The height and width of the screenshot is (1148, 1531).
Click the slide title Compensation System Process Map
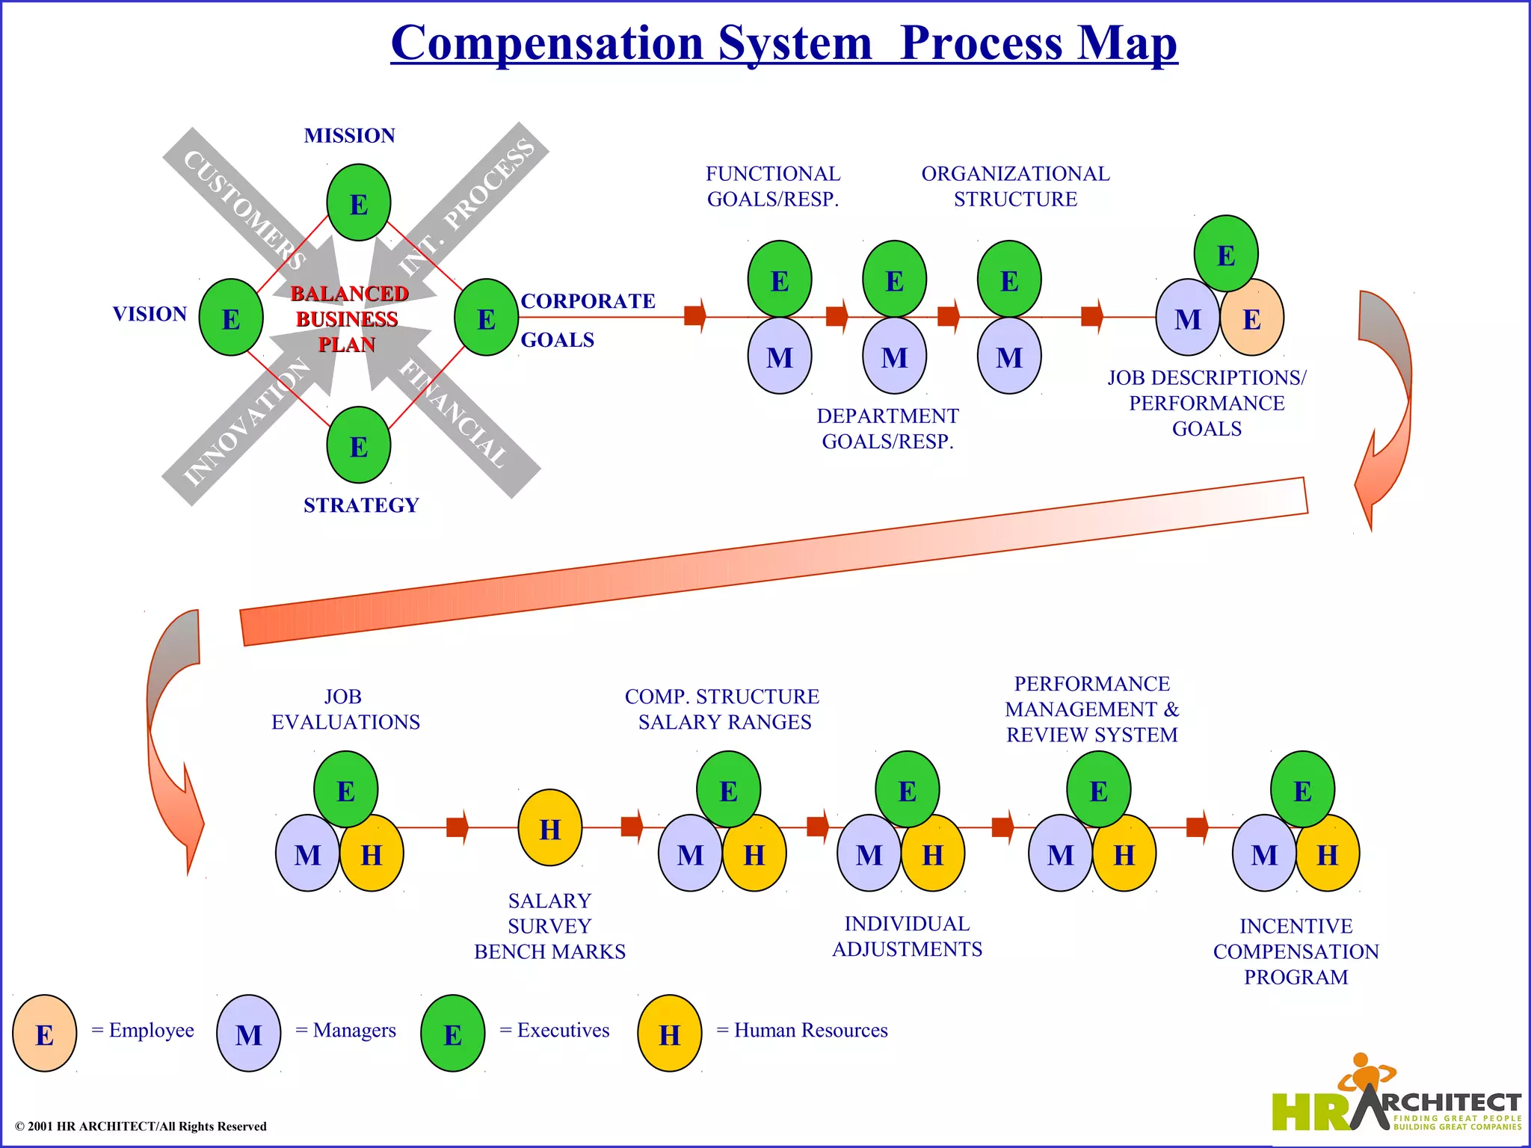tap(783, 43)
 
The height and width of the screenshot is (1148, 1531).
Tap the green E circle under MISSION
tap(359, 203)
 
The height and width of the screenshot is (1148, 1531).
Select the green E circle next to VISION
tap(231, 318)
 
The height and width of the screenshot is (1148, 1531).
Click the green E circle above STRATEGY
tap(359, 445)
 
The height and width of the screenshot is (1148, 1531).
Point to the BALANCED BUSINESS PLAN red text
tap(348, 319)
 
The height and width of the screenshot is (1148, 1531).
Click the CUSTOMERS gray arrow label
tap(244, 209)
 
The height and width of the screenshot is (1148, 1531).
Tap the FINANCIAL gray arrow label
tap(453, 413)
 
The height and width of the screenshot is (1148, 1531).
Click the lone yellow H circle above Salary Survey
tap(550, 828)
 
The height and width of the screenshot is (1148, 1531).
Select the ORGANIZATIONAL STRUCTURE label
tap(1015, 186)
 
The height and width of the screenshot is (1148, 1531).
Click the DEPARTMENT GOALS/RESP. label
tap(887, 428)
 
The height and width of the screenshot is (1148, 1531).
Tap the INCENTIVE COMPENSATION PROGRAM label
tap(1296, 951)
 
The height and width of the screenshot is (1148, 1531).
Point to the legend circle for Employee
tap(45, 1034)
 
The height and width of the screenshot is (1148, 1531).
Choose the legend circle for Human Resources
tap(669, 1034)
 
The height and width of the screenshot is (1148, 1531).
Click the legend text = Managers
tap(346, 1031)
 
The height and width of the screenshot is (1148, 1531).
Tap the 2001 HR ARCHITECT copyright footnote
tap(141, 1126)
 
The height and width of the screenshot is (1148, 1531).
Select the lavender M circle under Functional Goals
tap(780, 357)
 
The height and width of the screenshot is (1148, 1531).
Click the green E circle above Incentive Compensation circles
tap(1302, 790)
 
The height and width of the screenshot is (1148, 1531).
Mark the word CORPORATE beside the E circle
tap(588, 301)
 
